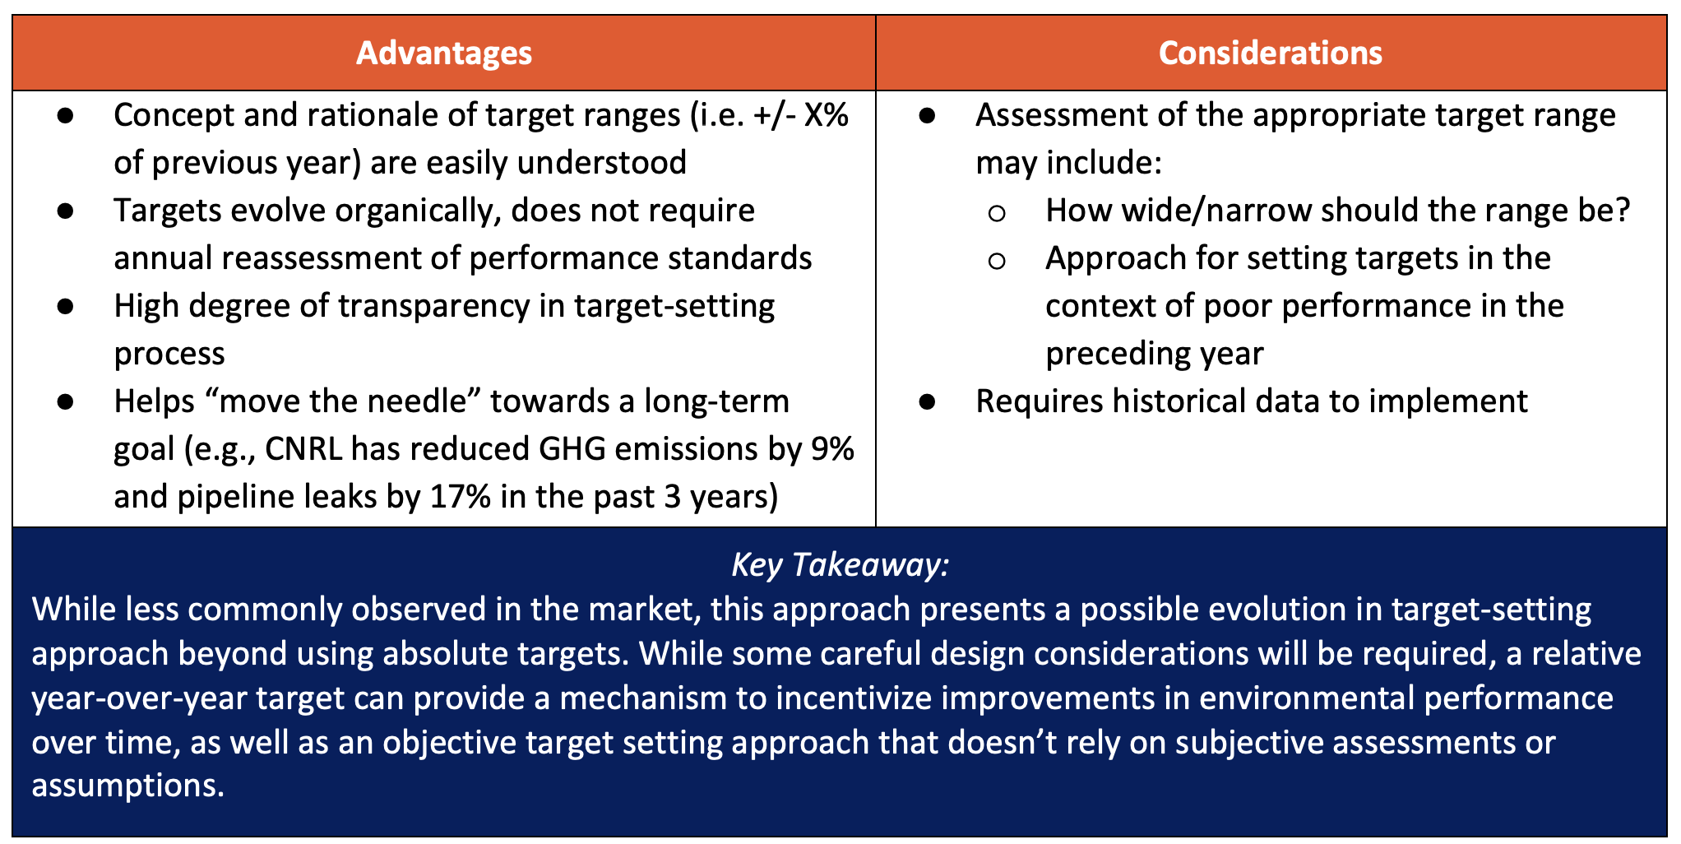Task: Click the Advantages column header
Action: (x=444, y=53)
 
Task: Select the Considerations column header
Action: (x=1271, y=53)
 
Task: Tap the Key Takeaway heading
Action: (x=840, y=565)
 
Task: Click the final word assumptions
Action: (x=127, y=786)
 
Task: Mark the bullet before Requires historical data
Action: (x=927, y=401)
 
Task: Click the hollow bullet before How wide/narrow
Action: (x=997, y=214)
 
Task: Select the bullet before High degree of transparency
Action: (x=66, y=306)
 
